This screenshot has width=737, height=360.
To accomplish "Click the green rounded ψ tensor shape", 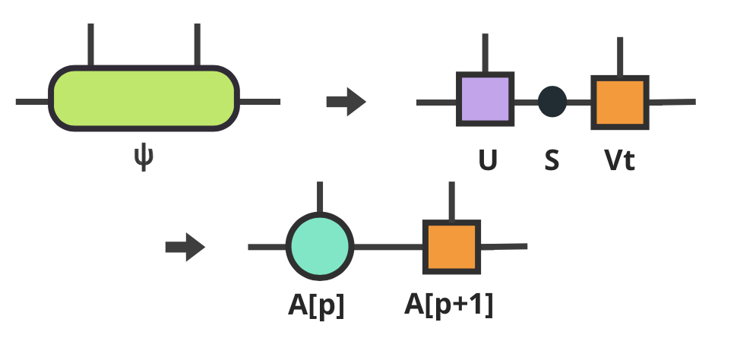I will pos(144,99).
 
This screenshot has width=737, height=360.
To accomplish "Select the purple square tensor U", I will pos(486,99).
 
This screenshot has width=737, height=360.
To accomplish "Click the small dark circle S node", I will pos(552,102).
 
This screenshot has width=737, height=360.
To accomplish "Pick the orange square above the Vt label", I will pos(619,102).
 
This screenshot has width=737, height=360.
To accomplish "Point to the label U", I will pos(487,161).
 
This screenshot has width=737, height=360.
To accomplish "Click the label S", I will pos(552,161).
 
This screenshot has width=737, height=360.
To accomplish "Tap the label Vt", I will pos(618,161).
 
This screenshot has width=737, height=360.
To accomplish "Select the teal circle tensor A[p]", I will pos(320,246).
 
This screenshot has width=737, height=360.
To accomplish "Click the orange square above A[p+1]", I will pos(452,247).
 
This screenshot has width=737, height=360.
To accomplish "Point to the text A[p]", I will pos(316,305).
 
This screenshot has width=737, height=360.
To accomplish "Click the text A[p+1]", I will pos(448,305).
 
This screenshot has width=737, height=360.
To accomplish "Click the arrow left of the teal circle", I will pos(185,247).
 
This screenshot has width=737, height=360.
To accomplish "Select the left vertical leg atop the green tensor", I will pos(91,46).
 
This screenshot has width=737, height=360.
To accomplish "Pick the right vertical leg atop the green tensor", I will pos(197,46).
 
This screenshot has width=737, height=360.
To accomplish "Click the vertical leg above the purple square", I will pos(485,53).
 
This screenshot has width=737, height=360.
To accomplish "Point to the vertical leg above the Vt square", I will pos(620,58).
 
